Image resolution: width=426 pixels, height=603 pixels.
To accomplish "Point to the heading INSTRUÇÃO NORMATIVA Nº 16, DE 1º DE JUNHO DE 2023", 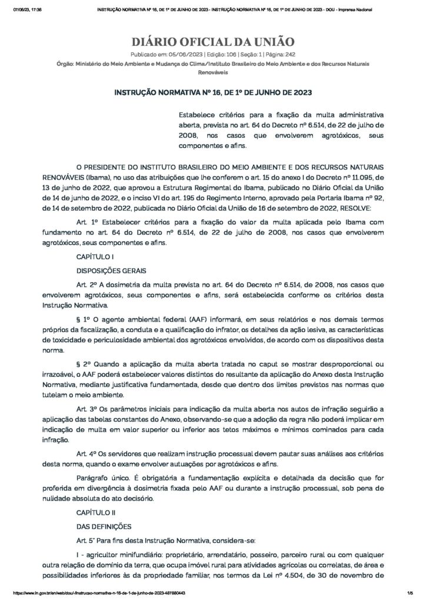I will [212, 92].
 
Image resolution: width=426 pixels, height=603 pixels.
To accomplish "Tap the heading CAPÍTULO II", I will [96, 512].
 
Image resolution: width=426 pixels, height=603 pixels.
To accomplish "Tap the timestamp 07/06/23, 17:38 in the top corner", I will [27, 10].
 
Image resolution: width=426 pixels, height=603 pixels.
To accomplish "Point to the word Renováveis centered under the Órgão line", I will [212, 73].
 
